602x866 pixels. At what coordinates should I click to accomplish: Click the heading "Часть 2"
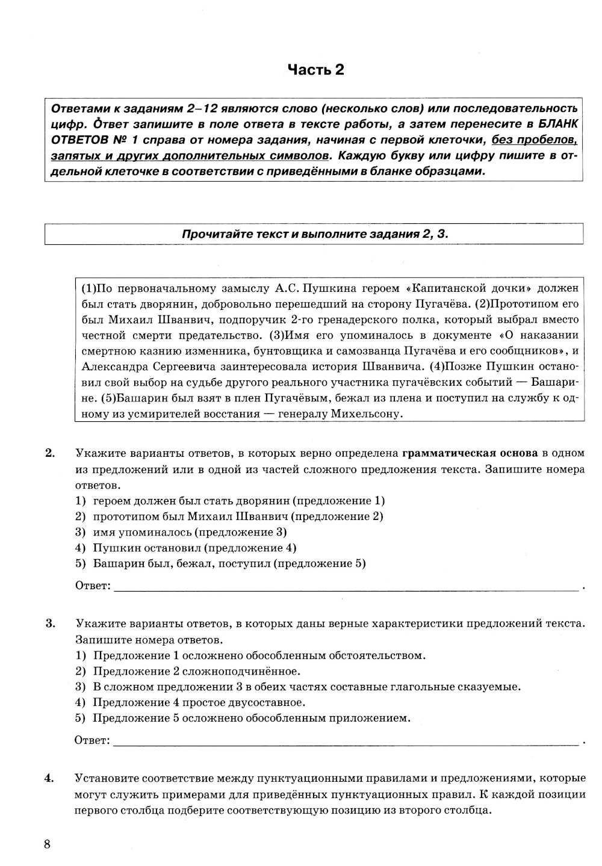(x=315, y=70)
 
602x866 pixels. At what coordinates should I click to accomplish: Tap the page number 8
(x=48, y=843)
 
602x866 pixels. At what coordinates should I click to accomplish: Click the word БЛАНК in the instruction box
(x=556, y=124)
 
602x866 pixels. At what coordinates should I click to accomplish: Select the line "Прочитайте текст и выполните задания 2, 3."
(x=315, y=234)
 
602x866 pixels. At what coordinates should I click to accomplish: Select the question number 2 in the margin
(x=50, y=453)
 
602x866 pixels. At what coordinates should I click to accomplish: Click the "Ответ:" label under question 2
(x=93, y=586)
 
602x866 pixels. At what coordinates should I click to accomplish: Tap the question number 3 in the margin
(x=50, y=623)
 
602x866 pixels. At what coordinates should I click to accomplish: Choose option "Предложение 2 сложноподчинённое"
(x=196, y=671)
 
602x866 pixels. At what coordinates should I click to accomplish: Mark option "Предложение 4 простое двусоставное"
(x=199, y=702)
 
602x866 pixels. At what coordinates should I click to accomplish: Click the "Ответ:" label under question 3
(x=93, y=740)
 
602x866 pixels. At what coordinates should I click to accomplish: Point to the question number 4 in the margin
(x=50, y=778)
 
